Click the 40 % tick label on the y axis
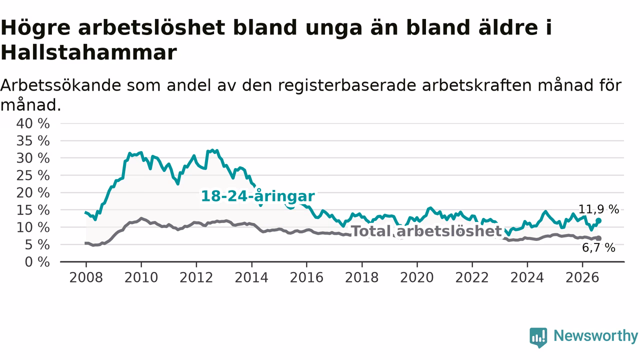(33, 123)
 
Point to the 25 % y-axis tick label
(33, 175)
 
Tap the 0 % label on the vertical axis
(37, 262)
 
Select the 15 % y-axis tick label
(33, 210)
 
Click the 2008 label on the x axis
(86, 277)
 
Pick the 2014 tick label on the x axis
(251, 277)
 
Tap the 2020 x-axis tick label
(417, 277)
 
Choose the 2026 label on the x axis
(582, 277)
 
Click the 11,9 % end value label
(598, 209)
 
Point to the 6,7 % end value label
(598, 247)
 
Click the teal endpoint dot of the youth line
(598, 220)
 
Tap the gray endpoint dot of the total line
(599, 238)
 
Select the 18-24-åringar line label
(258, 196)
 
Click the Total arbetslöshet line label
(426, 231)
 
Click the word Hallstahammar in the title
(89, 52)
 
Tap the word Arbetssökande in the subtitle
(61, 85)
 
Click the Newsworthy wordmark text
(595, 335)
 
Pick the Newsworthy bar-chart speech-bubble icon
(538, 337)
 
